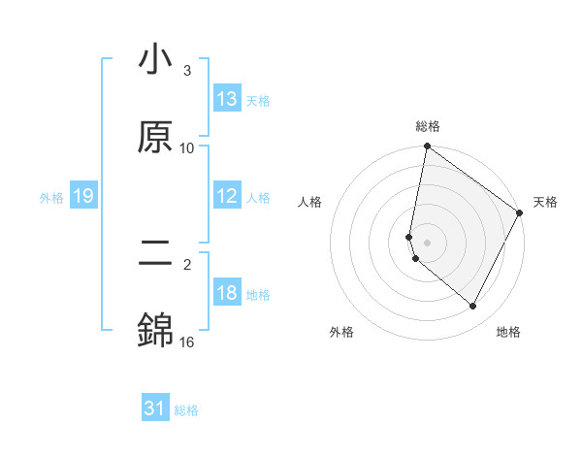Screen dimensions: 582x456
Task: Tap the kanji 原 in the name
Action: (155, 138)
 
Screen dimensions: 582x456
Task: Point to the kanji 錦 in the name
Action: (155, 332)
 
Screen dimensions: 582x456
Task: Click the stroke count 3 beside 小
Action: (186, 71)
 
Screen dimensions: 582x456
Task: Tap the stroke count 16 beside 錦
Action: (186, 342)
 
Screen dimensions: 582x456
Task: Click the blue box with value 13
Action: (227, 99)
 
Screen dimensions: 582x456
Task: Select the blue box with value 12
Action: (227, 196)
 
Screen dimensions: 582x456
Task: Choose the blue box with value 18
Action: (227, 293)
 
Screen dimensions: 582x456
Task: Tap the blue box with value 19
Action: (82, 197)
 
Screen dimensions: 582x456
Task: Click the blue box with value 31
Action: (155, 409)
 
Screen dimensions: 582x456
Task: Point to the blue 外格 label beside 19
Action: (51, 198)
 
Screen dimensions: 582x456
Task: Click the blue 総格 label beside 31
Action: (186, 410)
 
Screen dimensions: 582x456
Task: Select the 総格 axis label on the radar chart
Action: (428, 126)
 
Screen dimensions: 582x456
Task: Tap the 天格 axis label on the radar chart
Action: (545, 202)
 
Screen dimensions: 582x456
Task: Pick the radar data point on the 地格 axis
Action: (473, 307)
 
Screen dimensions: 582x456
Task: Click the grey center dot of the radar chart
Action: (428, 242)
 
